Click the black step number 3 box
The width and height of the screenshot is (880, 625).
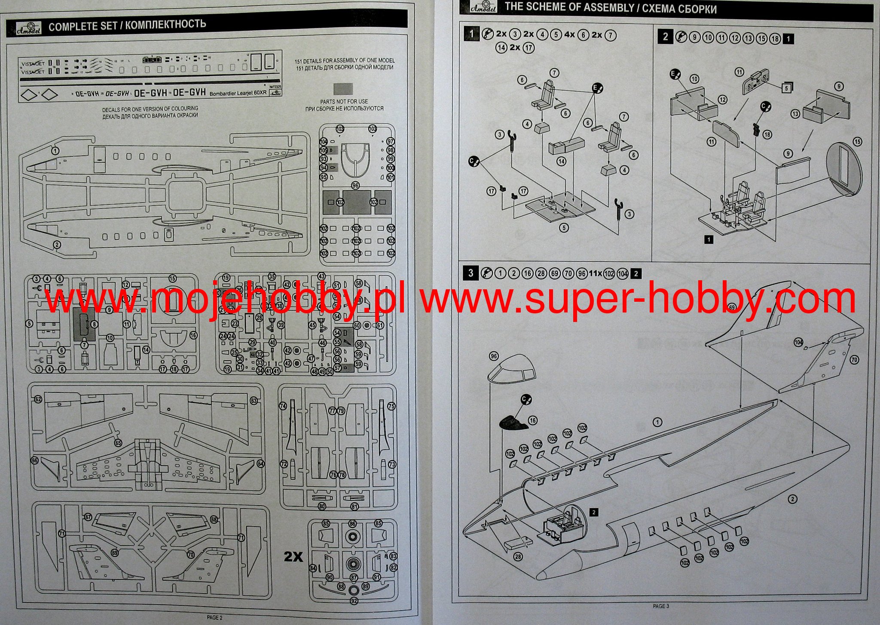point(471,273)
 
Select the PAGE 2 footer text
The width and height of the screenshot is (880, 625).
point(214,617)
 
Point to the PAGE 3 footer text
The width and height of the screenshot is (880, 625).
point(661,606)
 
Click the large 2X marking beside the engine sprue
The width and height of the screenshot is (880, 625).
point(293,557)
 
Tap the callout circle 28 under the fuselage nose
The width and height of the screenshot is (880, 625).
point(518,557)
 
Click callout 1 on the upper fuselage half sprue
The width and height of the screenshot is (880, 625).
point(55,150)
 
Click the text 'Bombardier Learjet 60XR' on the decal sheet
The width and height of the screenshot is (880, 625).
point(238,93)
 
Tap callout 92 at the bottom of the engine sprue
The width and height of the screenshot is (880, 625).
point(354,601)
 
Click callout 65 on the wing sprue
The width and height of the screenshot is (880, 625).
point(118,443)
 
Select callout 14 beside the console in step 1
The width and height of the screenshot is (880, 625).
point(561,161)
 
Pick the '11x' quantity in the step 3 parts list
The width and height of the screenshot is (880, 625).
point(595,273)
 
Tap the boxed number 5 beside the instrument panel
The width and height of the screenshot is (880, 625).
point(786,88)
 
